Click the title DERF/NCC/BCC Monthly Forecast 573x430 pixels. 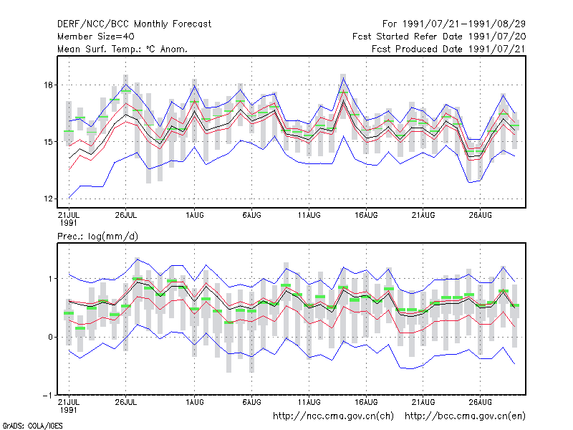pos(134,24)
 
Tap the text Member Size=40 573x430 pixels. pos(96,37)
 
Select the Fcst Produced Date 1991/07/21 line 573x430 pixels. pos(448,49)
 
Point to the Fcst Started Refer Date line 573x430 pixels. pos(439,37)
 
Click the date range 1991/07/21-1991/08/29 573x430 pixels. pos(463,24)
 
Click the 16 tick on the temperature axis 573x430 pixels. pos(48,85)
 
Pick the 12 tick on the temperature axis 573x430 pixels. pos(48,199)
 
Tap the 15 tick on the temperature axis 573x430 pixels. pos(48,142)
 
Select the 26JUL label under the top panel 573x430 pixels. pos(126,215)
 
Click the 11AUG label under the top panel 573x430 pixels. pos(309,215)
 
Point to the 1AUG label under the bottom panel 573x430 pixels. pos(194,402)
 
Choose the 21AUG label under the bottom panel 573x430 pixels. pos(423,402)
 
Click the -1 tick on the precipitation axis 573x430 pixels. pos(48,396)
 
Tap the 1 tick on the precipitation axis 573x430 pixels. pos(50,279)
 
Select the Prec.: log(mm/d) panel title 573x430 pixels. pos(97,236)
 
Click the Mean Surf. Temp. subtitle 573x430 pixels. pos(122,49)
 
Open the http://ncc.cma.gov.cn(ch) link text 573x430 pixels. pos(333,416)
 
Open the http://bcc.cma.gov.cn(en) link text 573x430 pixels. pos(465,416)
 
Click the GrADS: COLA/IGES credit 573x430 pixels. pos(32,426)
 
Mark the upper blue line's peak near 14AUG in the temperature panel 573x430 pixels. pos(343,78)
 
